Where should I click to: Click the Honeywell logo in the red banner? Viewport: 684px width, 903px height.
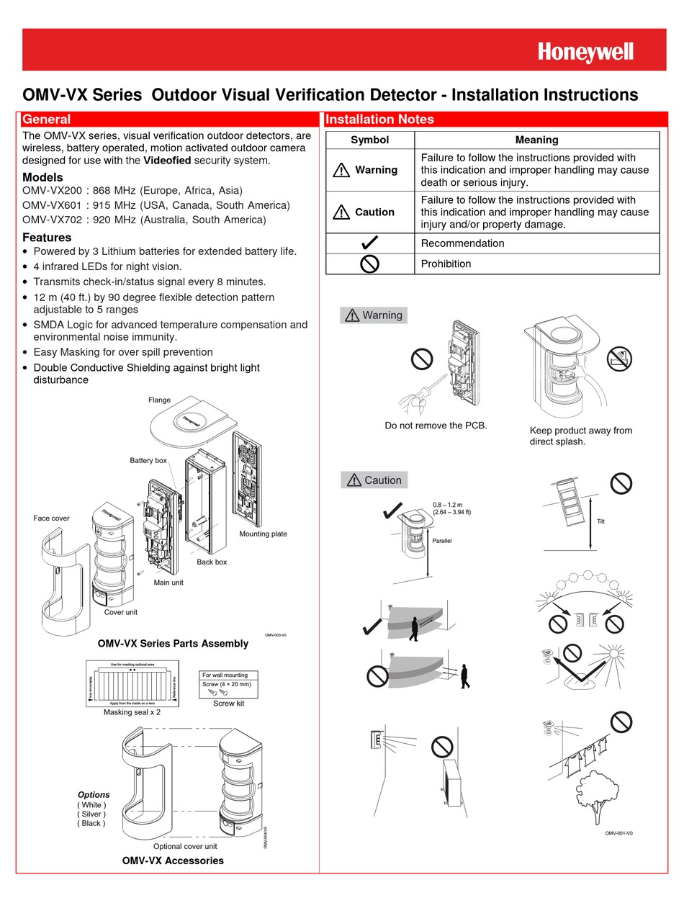(585, 52)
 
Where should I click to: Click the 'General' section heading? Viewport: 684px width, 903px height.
(47, 120)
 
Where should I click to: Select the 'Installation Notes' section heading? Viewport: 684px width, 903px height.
(379, 120)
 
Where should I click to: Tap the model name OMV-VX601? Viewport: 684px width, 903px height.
(50, 205)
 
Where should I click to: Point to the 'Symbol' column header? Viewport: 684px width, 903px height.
(369, 140)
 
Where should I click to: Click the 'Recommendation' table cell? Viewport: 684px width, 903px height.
(462, 243)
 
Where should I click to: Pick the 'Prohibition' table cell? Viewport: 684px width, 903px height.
(446, 264)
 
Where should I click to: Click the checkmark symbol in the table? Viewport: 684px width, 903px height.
(369, 243)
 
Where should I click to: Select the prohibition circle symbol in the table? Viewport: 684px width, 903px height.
(369, 264)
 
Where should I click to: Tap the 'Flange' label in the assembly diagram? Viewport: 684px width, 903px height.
(159, 400)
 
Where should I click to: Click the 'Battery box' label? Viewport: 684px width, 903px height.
(148, 460)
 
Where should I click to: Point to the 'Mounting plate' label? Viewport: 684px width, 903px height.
(263, 534)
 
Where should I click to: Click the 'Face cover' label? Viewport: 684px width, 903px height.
(51, 518)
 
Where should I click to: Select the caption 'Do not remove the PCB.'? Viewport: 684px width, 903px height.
(436, 426)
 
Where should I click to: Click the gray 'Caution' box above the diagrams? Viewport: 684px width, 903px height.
(374, 480)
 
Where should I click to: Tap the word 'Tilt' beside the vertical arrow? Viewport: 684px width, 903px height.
(600, 521)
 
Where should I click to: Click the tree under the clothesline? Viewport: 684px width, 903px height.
(595, 796)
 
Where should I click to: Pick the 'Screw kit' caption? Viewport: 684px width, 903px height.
(228, 704)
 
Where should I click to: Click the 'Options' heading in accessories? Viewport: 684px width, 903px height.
(94, 795)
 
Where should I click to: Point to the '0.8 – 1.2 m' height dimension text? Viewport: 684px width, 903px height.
(448, 505)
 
